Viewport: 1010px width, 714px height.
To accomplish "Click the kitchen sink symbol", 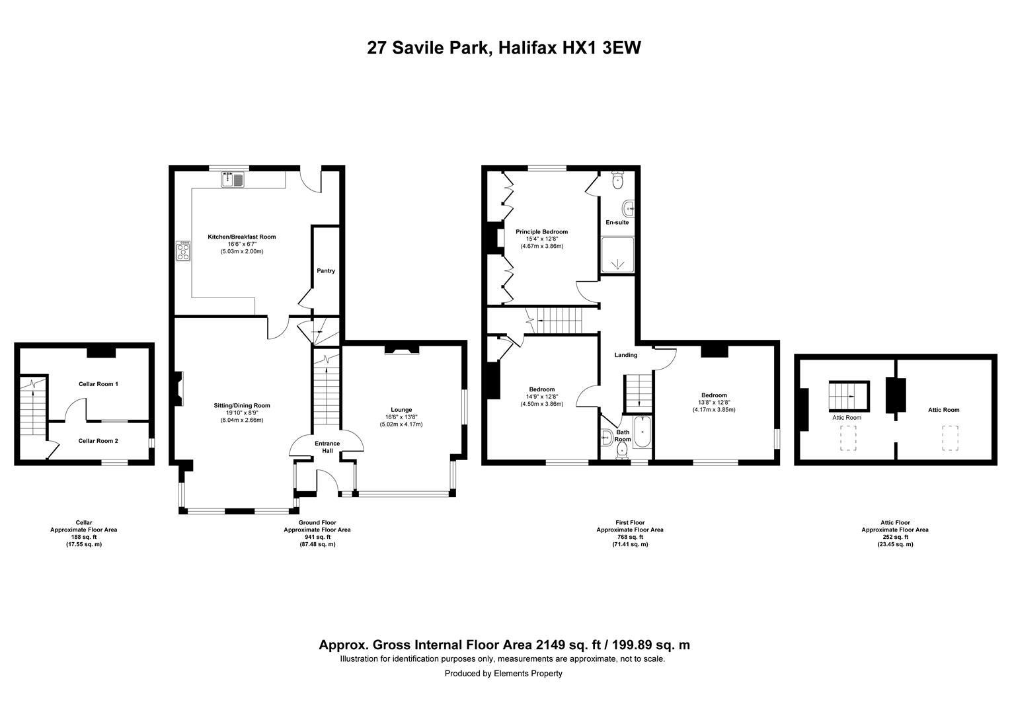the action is pos(232,180).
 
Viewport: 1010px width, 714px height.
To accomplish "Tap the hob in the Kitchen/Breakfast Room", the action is pos(183,251).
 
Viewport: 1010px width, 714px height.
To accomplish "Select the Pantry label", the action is pos(326,270).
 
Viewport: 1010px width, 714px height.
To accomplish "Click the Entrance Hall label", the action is pos(327,447).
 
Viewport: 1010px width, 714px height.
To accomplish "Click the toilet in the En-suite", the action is pos(618,180).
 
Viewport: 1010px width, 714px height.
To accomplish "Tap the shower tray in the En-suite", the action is pos(617,255).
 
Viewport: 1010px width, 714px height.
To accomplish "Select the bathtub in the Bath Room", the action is pos(642,432).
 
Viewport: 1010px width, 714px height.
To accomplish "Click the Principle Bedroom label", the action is pos(541,232).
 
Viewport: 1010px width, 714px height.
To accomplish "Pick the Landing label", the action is pos(626,355).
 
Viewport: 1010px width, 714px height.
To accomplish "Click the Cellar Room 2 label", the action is pos(98,441).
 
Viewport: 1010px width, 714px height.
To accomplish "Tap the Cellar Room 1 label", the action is pos(98,384).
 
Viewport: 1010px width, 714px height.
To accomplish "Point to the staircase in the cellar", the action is pos(33,406).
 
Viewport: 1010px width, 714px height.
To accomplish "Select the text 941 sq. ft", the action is pos(317,537).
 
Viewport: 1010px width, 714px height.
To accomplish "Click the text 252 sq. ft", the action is pos(895,537).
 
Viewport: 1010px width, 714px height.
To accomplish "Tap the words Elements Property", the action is pos(528,674).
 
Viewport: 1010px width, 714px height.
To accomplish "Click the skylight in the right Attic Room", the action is pos(950,438).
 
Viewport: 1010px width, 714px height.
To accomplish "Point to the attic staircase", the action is pos(849,396).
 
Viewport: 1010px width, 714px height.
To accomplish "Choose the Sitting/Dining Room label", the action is pos(242,405).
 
